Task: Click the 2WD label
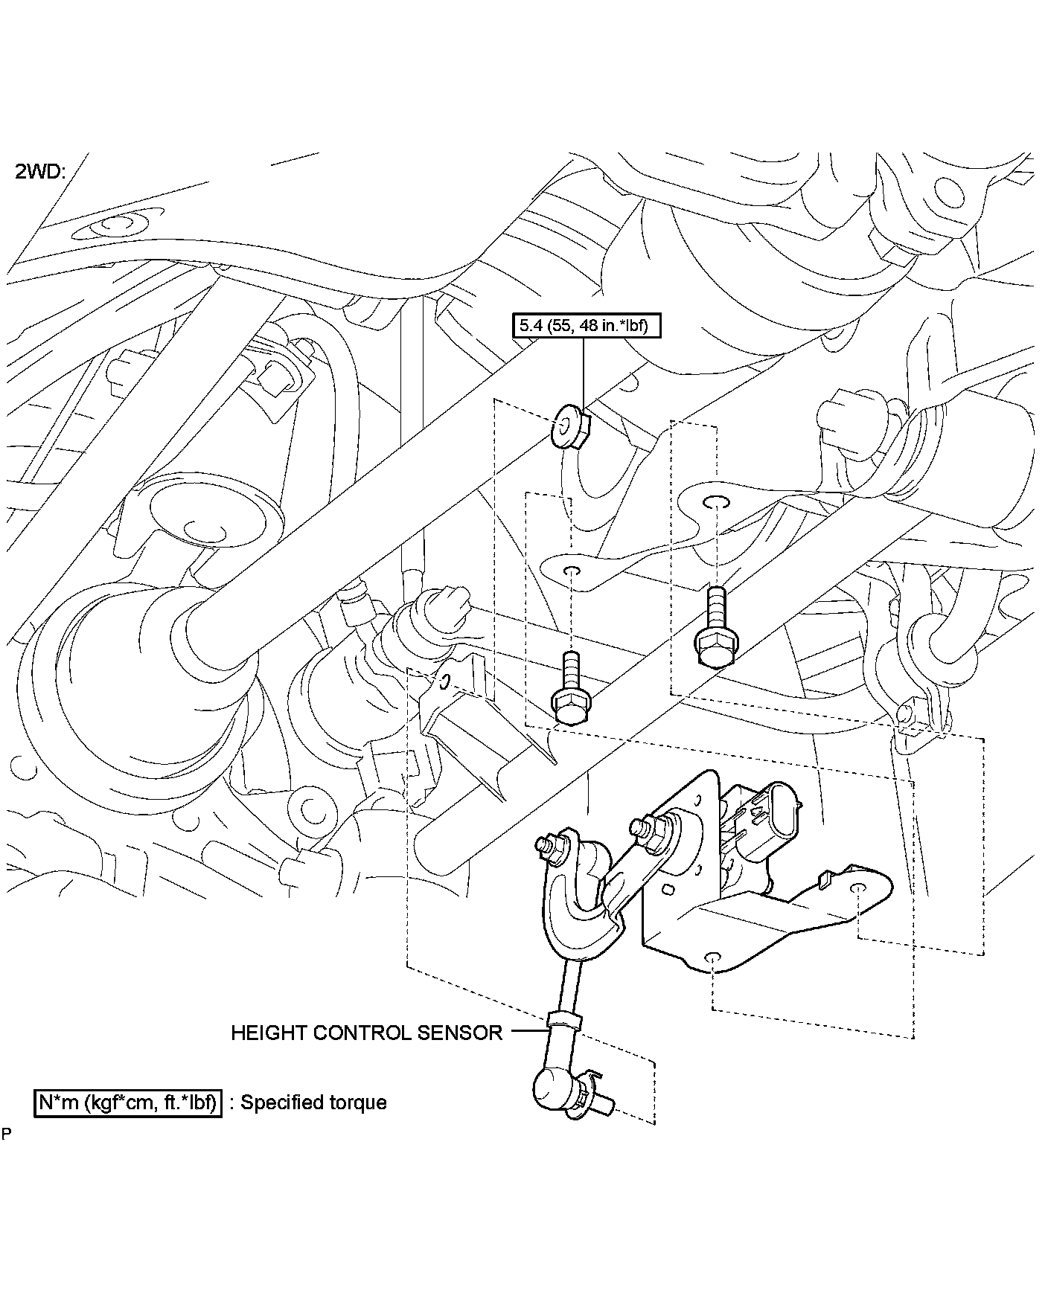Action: tap(40, 172)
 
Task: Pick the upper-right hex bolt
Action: tap(716, 638)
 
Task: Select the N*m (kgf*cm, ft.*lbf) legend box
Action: tap(128, 1102)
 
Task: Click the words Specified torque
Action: tap(313, 1102)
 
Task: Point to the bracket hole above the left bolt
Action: tap(572, 571)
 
